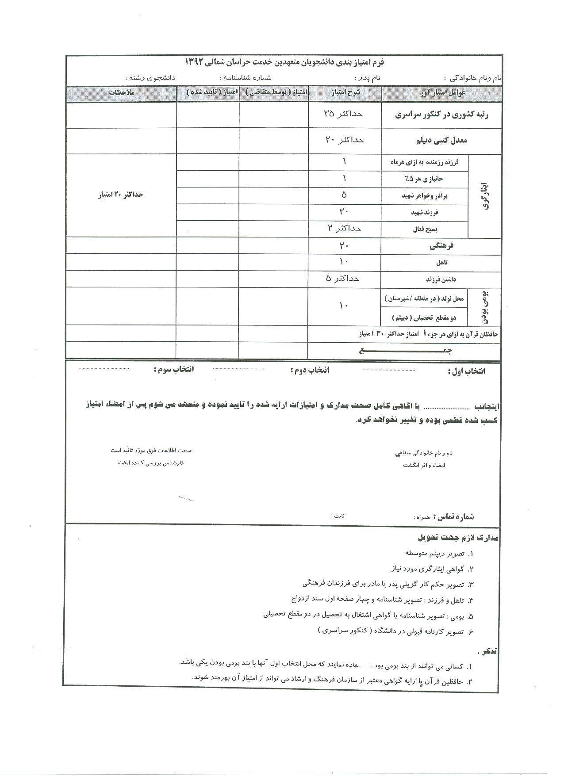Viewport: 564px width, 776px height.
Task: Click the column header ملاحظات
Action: click(121, 92)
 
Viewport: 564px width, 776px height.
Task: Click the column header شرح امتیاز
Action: click(345, 92)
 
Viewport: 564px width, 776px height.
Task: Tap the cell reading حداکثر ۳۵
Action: click(343, 114)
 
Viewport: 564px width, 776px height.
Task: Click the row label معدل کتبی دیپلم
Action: click(441, 141)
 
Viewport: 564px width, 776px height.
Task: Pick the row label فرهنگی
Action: click(441, 246)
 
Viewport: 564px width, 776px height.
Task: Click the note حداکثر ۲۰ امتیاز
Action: click(120, 195)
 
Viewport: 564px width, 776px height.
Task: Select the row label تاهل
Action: click(441, 263)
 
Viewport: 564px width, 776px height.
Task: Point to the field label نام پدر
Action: click(367, 78)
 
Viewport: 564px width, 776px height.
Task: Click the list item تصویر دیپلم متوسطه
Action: click(435, 553)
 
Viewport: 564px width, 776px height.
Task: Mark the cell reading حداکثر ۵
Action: click(343, 279)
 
